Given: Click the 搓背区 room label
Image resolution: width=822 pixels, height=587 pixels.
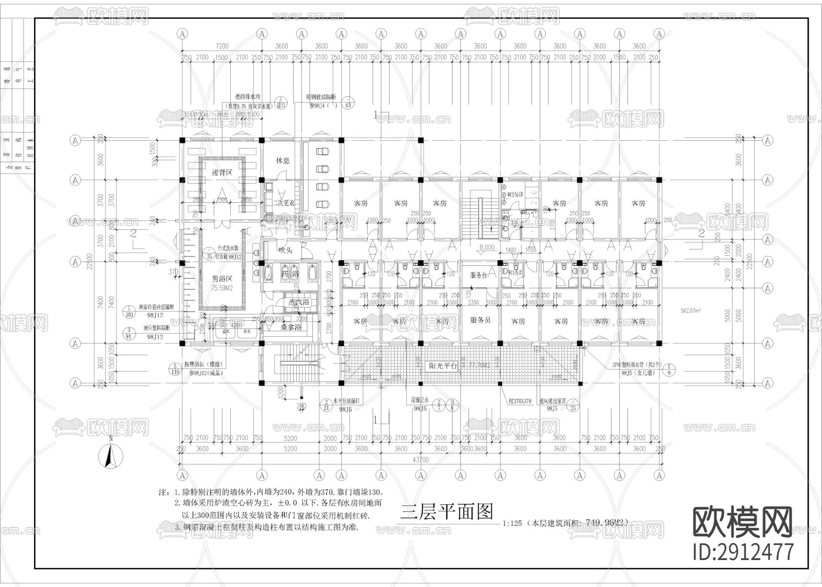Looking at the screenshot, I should point(222,173).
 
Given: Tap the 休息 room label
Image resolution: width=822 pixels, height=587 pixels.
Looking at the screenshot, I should point(282,161).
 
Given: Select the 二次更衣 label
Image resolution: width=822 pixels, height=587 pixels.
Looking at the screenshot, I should point(282,203).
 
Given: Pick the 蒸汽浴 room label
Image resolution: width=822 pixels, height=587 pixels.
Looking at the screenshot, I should point(296,302).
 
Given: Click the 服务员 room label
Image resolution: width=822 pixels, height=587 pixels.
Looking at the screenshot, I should point(480,320).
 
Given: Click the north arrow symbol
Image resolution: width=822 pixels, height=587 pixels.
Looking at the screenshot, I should point(110,455).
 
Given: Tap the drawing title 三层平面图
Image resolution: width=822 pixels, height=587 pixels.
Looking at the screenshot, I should point(446,512).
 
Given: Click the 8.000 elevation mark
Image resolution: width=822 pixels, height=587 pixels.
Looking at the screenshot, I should point(486,247).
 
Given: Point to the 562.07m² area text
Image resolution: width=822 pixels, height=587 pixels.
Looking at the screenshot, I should point(691,311).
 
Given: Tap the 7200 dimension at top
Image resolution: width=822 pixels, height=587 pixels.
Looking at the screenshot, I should point(222,46).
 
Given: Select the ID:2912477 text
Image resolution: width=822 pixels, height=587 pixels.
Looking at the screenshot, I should point(743,551).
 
